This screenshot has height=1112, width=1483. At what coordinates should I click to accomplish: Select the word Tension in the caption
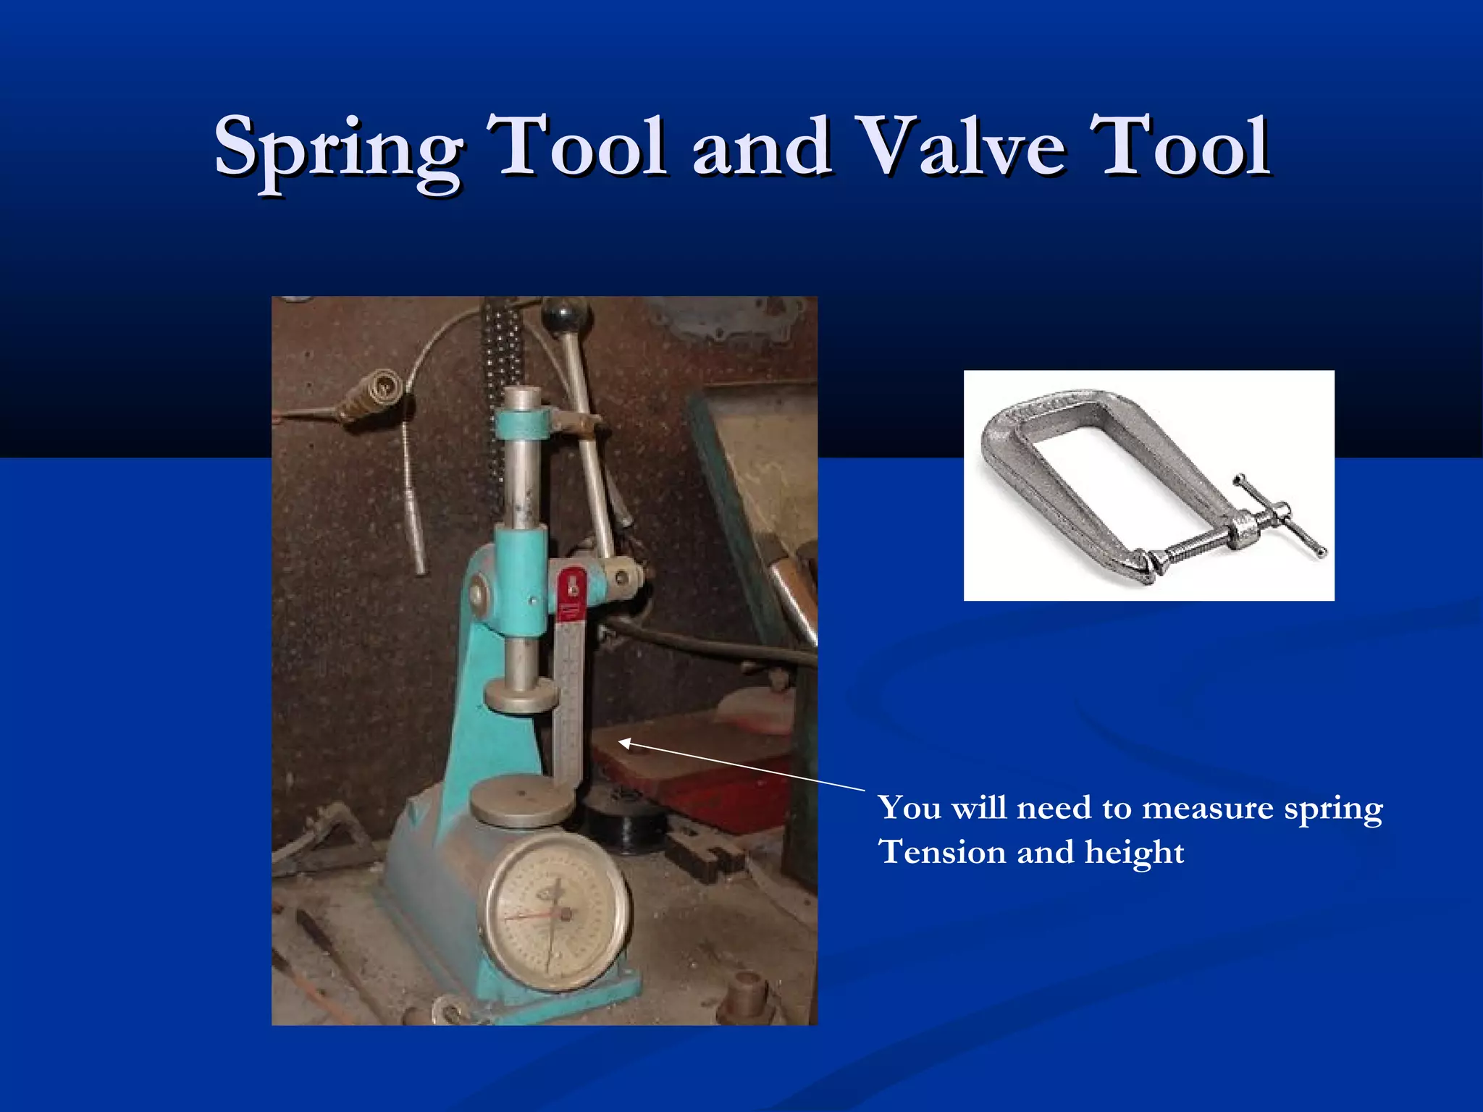[x=942, y=852]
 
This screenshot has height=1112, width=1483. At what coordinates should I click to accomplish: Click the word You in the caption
[x=909, y=807]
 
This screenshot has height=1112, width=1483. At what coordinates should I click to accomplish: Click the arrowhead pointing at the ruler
[x=624, y=743]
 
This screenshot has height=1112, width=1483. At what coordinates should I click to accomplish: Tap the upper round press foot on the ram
[x=520, y=694]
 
